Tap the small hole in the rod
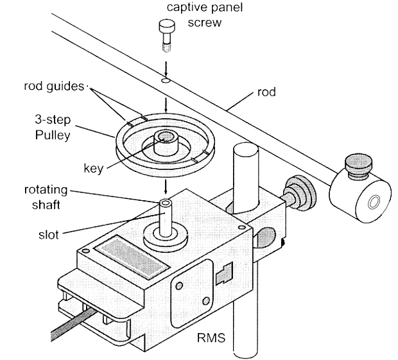coord(166,81)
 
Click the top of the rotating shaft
coord(166,203)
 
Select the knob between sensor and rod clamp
coord(297,193)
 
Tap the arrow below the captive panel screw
coord(166,66)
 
